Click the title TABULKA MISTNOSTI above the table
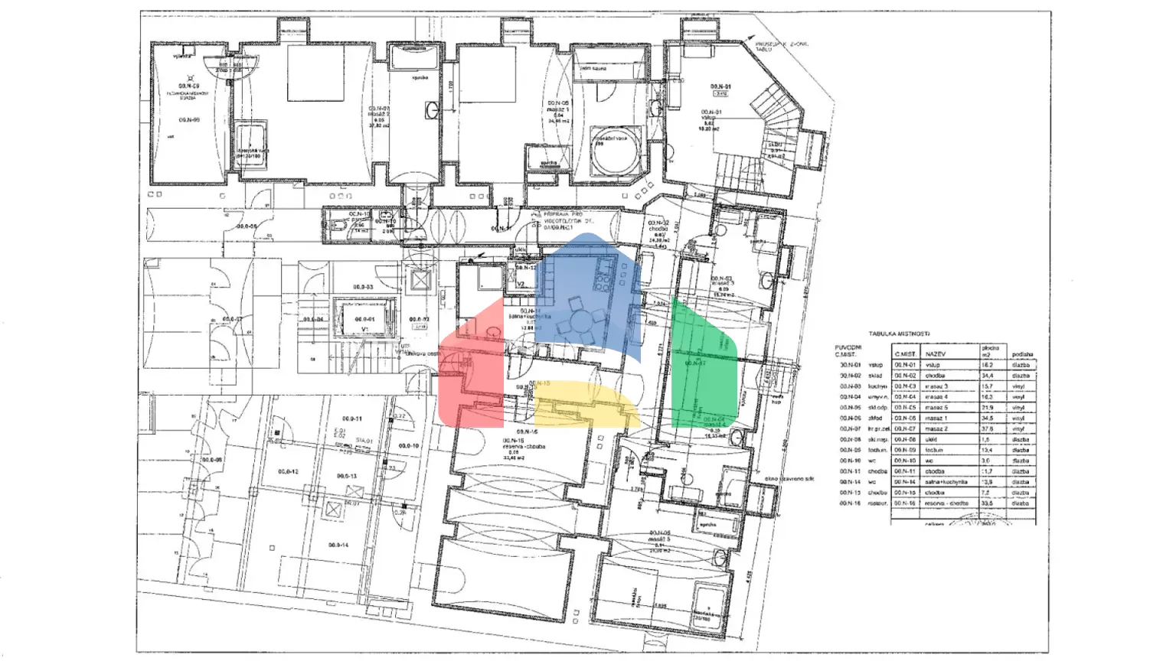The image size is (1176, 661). (x=899, y=334)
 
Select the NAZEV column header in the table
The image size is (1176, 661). (x=935, y=355)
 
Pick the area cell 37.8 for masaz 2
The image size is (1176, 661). (x=988, y=429)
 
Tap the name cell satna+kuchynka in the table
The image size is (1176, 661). (x=946, y=482)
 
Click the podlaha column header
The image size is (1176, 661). (x=1021, y=355)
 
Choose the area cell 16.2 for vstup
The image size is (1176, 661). (x=988, y=366)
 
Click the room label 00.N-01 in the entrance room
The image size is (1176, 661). (x=720, y=86)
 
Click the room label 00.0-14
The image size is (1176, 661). (x=338, y=545)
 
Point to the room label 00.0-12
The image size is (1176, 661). (x=288, y=472)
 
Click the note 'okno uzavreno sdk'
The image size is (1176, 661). (x=789, y=479)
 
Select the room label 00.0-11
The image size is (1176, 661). (x=351, y=419)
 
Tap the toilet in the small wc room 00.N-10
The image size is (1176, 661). (x=338, y=226)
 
